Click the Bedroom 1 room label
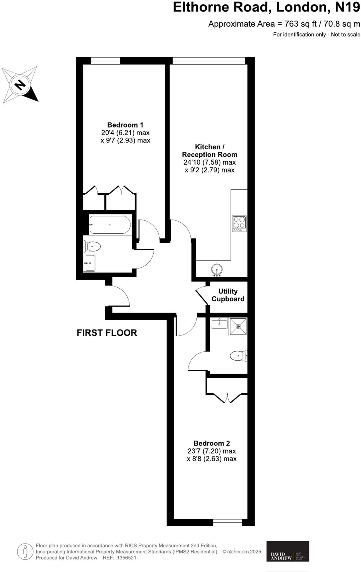tap(125, 125)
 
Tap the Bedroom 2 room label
tap(212, 443)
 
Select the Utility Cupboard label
tap(228, 295)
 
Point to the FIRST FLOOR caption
tap(107, 333)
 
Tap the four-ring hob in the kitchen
tap(239, 223)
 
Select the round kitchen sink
tap(217, 270)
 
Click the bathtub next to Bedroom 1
tap(110, 225)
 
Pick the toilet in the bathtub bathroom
tap(92, 247)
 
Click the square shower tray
tap(238, 326)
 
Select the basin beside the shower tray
tap(219, 324)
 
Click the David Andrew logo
tap(288, 551)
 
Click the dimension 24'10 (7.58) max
tap(210, 162)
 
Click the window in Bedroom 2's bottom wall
tap(227, 522)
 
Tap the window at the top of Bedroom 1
tap(106, 61)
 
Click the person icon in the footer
tap(25, 551)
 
